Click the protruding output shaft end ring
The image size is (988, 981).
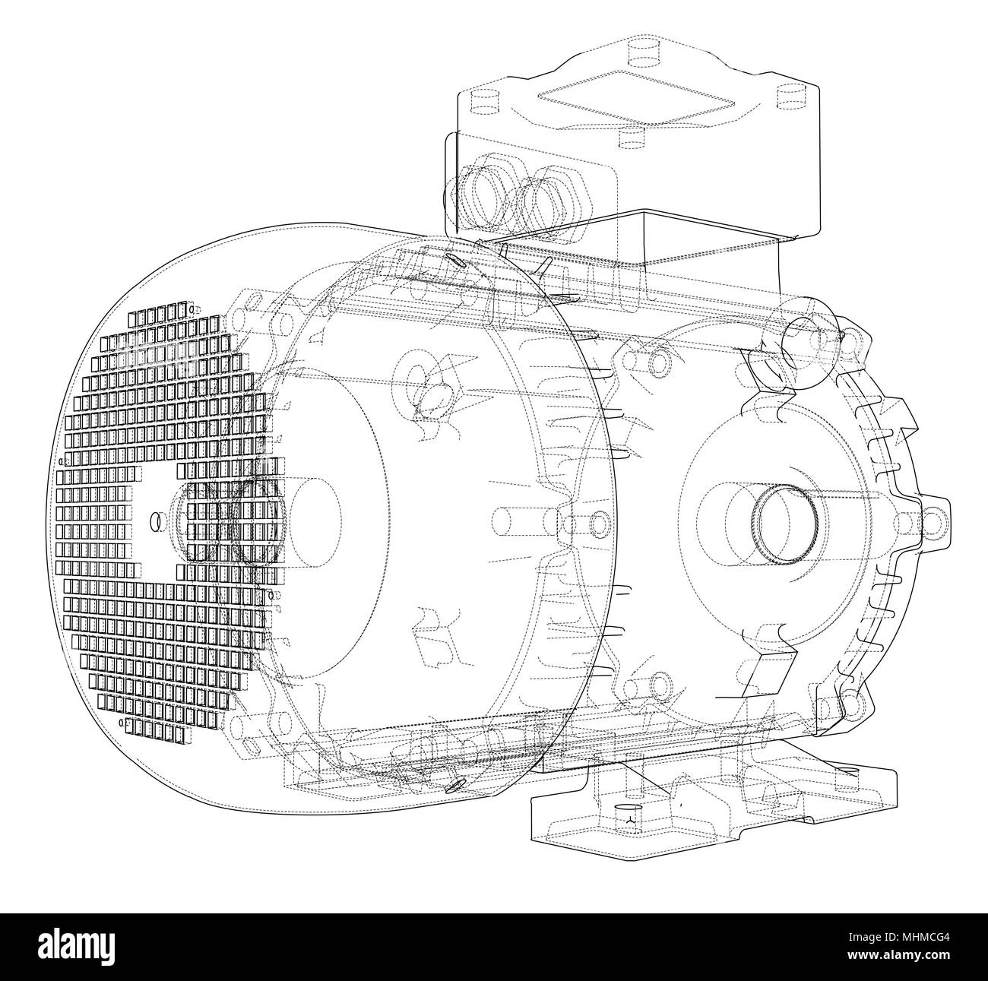click(784, 521)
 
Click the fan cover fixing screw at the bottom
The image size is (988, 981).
click(457, 784)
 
